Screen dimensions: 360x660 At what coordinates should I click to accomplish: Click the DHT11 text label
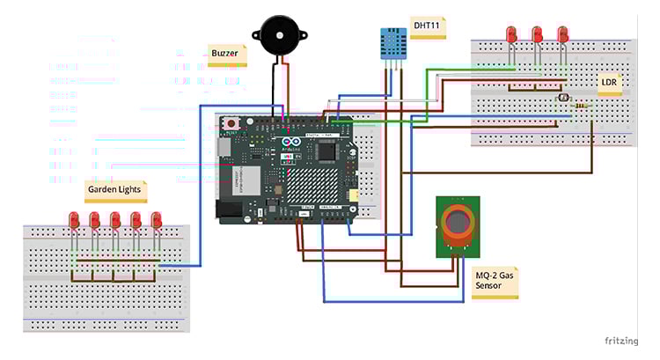point(428,24)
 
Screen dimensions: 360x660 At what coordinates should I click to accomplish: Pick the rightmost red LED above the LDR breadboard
point(563,35)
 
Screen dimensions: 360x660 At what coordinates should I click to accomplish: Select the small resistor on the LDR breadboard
point(582,107)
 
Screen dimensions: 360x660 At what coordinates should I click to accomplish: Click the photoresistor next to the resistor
point(562,99)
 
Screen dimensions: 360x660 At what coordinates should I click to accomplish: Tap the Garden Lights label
point(113,188)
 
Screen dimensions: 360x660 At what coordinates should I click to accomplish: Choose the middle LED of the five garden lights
point(115,220)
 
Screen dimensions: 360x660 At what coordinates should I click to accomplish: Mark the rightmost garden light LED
point(157,220)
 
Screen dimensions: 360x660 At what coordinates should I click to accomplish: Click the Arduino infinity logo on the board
point(291,143)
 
